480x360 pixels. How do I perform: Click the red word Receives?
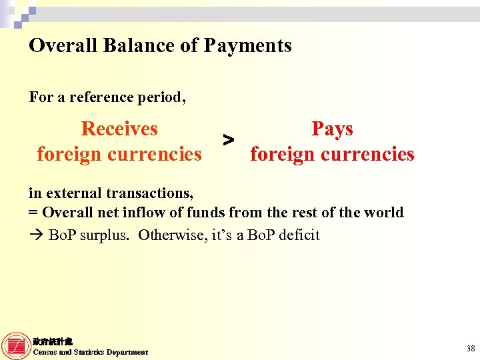point(119,129)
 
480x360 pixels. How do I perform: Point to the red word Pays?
point(332,129)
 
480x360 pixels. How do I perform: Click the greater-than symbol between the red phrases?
point(228,140)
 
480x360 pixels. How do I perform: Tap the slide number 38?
point(471,348)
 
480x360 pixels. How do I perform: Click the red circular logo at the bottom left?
point(16,346)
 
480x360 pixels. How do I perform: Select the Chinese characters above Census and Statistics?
point(53,341)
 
